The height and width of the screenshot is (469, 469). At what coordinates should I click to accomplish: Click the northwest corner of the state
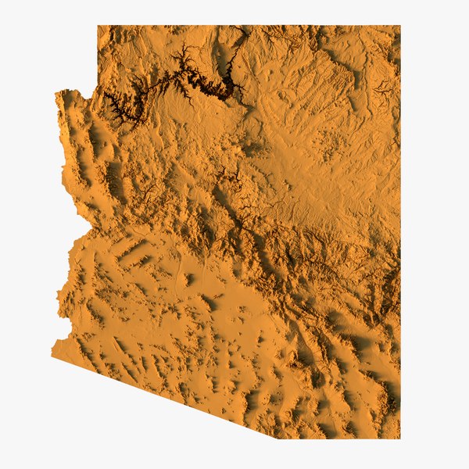pos(98,27)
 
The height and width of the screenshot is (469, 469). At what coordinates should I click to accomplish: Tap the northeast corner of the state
pos(399,27)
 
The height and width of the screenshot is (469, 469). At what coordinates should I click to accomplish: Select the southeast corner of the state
pos(399,438)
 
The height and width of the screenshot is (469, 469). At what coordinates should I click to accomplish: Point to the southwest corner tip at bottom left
pos(52,356)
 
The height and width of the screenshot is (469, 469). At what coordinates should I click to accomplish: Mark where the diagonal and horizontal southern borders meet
pos(276,438)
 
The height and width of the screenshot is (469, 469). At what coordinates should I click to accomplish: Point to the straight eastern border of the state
pos(399,234)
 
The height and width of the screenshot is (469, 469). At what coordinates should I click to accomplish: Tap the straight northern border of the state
pos(250,27)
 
